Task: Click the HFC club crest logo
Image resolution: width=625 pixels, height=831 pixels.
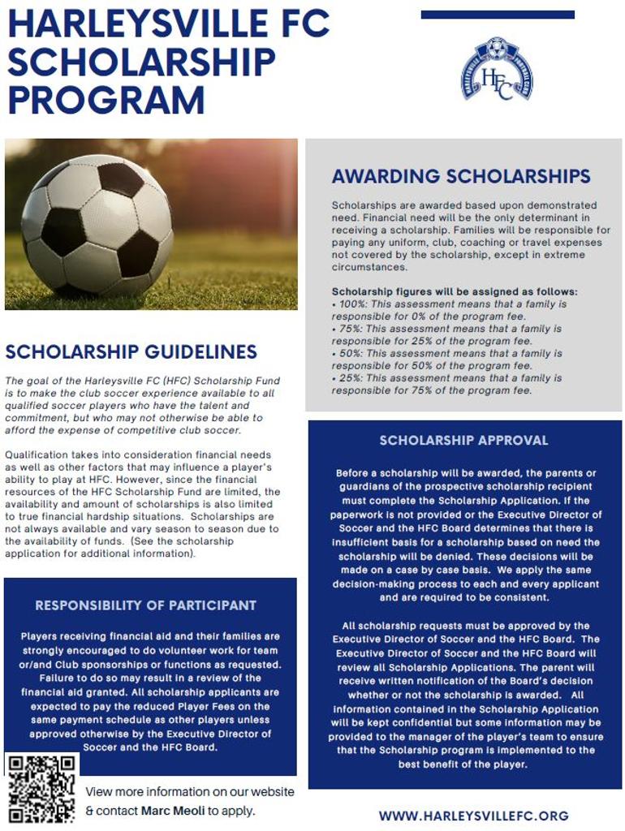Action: click(497, 69)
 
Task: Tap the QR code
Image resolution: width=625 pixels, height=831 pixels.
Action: click(42, 788)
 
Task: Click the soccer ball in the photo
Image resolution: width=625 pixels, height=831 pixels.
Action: click(97, 224)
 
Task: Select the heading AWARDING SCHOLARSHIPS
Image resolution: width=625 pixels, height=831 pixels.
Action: click(461, 176)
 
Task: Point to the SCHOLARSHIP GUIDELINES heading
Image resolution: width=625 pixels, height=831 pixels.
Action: click(131, 351)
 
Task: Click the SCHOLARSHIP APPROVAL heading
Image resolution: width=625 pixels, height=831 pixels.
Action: click(464, 441)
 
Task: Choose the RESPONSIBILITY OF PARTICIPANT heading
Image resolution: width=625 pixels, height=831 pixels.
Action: click(145, 605)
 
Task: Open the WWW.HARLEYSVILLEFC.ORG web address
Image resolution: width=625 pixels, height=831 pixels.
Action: click(473, 816)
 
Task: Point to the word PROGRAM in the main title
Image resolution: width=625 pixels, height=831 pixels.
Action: click(106, 101)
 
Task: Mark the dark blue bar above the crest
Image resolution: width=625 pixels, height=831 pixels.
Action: click(498, 15)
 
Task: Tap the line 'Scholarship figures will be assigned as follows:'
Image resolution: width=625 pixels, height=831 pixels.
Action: click(455, 292)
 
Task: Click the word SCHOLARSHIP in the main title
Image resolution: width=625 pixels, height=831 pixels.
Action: click(141, 62)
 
